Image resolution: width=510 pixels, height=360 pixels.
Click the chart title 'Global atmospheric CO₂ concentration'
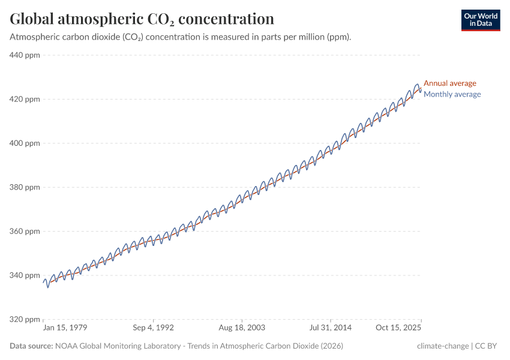click(x=142, y=19)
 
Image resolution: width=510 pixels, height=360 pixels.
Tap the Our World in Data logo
click(x=480, y=20)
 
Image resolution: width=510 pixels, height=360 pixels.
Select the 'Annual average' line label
click(x=449, y=83)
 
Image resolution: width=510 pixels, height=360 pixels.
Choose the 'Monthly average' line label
click(x=452, y=94)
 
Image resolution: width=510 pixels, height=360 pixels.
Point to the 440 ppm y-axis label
click(x=25, y=55)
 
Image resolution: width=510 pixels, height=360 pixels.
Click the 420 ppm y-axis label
click(x=25, y=99)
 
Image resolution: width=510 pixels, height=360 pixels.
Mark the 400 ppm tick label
click(x=25, y=143)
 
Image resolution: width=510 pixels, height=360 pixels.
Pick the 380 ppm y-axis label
click(x=25, y=187)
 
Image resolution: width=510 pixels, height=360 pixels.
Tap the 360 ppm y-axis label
click(x=25, y=231)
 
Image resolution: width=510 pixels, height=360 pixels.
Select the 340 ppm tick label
click(x=25, y=275)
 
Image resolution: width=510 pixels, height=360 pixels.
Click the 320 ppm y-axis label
click(x=25, y=319)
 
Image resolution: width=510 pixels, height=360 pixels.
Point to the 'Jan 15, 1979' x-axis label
click(x=65, y=329)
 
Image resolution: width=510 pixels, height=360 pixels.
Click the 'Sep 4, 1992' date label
click(x=153, y=329)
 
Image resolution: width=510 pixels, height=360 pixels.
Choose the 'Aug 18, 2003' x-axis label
click(x=241, y=329)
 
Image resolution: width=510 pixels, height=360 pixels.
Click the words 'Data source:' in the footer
click(x=31, y=346)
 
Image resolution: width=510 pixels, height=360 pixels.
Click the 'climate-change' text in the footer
click(x=443, y=346)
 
